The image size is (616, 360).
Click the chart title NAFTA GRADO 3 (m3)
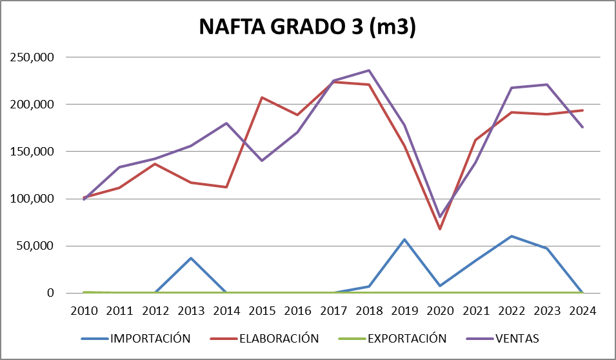[x=307, y=28]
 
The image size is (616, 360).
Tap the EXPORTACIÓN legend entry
[x=406, y=338]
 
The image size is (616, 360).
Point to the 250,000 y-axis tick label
[x=32, y=57]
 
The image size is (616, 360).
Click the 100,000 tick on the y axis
[x=32, y=199]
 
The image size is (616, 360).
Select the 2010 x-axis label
[x=84, y=310]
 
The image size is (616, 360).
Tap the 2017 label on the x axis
[x=333, y=310]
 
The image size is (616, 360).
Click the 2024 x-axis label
[x=582, y=310]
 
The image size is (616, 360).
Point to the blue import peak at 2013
[x=191, y=258]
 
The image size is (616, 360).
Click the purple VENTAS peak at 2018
[x=369, y=70]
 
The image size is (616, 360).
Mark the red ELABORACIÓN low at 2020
[x=440, y=229]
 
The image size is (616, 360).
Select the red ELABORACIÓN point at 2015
[x=262, y=97]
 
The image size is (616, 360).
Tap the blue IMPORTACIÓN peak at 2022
[x=512, y=236]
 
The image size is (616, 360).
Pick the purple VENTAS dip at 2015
[x=262, y=161]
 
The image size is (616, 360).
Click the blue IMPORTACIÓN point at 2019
[x=404, y=239]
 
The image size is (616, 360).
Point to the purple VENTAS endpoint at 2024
[x=582, y=127]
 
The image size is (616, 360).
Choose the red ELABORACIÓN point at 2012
[x=155, y=164]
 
